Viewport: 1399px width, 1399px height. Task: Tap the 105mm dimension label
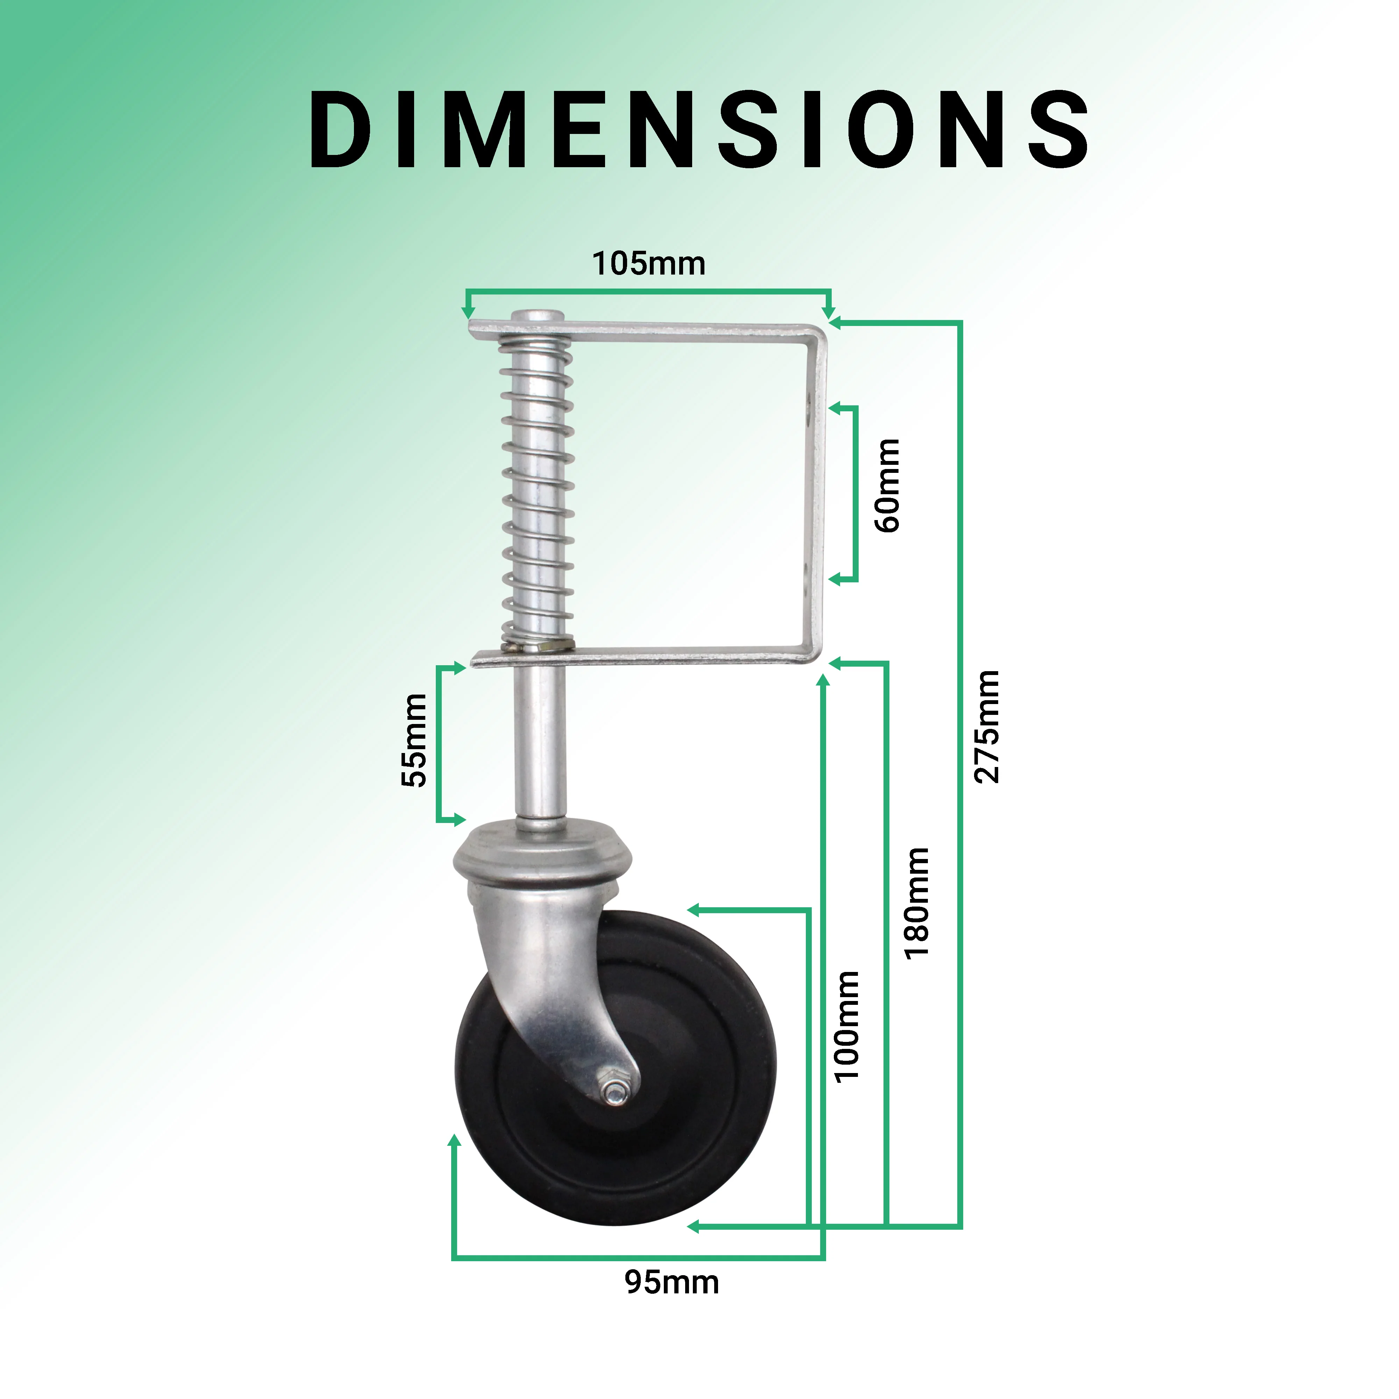point(649,264)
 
